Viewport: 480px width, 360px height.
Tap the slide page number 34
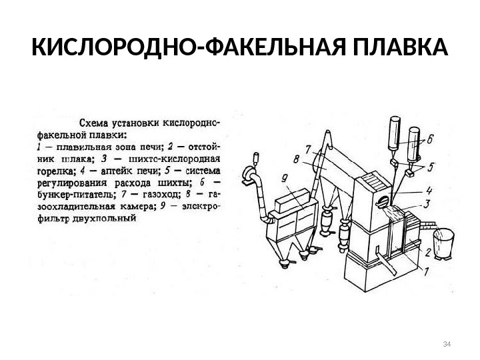click(x=447, y=344)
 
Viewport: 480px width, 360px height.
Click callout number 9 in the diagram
click(x=284, y=178)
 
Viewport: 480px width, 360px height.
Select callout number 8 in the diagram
click(x=295, y=159)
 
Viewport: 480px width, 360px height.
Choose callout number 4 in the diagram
click(x=429, y=189)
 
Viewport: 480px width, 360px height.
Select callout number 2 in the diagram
click(x=428, y=252)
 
